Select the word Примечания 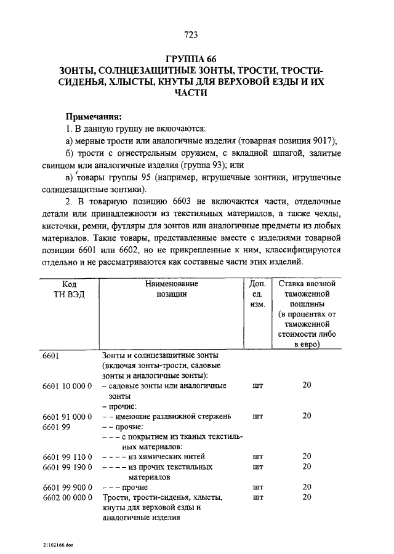point(94,116)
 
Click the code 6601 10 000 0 point(67,386)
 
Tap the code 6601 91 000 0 point(67,416)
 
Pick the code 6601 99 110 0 point(67,457)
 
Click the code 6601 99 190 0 point(67,467)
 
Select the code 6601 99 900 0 point(67,487)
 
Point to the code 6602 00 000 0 point(67,497)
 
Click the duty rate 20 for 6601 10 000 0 point(307,386)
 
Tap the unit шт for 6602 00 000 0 point(258,497)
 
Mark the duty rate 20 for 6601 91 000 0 point(307,416)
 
